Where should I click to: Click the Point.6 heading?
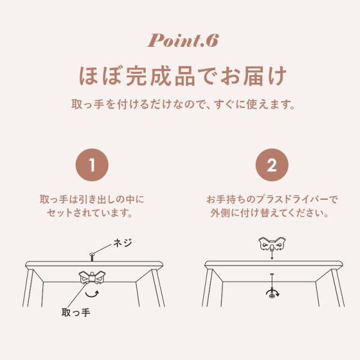(182, 41)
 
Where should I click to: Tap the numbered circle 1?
(92, 165)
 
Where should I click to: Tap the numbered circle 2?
(272, 165)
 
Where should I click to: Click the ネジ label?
(123, 243)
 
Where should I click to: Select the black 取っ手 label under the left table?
(76, 313)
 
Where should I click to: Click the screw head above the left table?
(92, 254)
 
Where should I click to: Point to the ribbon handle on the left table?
(92, 278)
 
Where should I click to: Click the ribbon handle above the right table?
(272, 244)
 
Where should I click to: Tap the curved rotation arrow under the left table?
(92, 294)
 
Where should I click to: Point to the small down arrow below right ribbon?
(272, 255)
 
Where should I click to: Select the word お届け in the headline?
(253, 76)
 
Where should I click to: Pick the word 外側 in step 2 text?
(220, 214)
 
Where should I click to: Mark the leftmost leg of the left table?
(28, 288)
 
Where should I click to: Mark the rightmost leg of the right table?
(338, 288)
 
